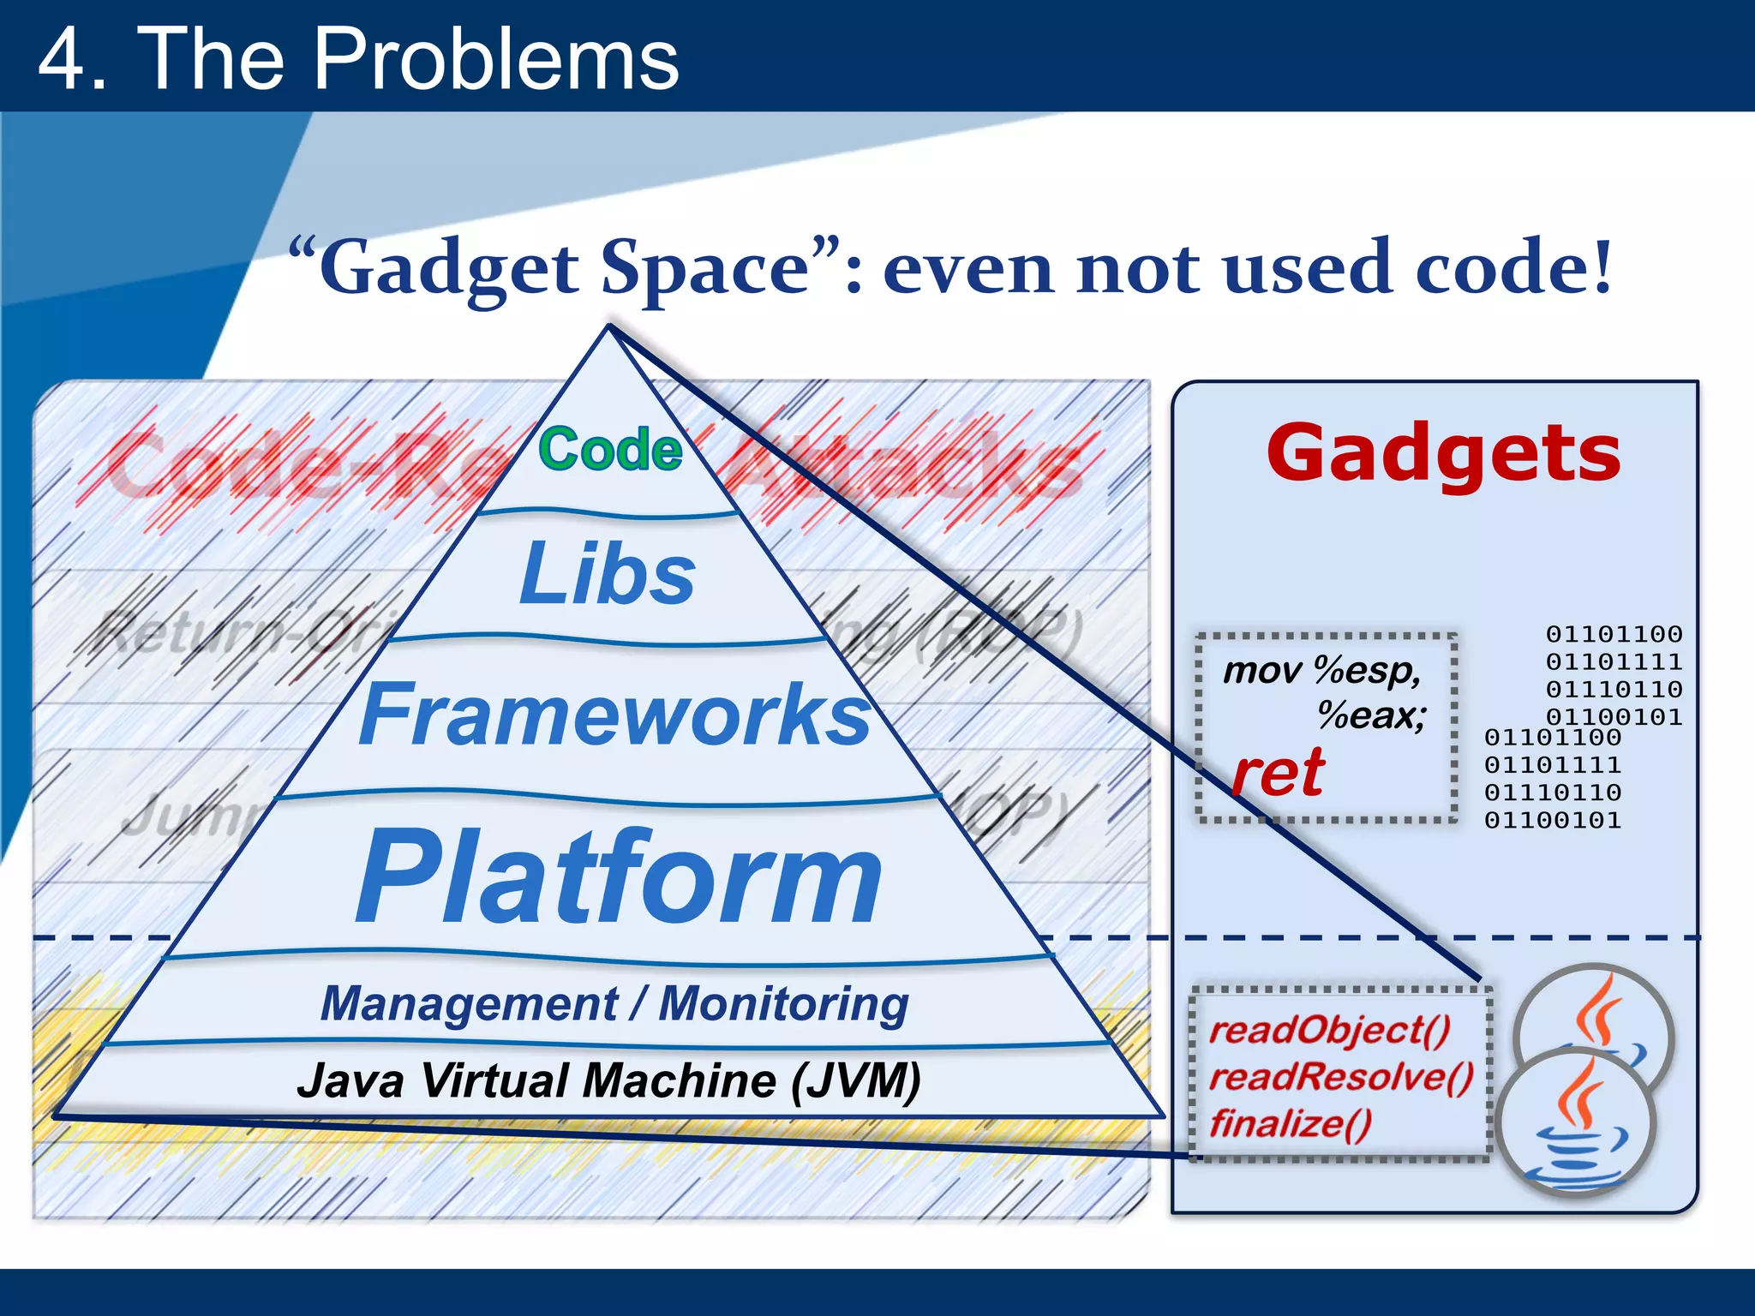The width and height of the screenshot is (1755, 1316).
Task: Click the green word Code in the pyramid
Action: [x=610, y=450]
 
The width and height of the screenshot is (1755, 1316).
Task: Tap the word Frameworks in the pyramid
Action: [x=614, y=715]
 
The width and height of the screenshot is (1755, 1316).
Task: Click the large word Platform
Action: [x=619, y=878]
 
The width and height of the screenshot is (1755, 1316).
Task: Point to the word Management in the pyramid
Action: [x=468, y=1003]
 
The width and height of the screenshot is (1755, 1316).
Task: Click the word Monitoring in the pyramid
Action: [x=783, y=1003]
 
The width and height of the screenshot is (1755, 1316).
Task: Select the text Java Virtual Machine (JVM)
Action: [x=608, y=1080]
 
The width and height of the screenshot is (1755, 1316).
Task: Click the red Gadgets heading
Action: [x=1443, y=454]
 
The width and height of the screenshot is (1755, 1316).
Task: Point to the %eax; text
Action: [x=1371, y=715]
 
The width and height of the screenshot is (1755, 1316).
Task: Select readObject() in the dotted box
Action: [x=1329, y=1031]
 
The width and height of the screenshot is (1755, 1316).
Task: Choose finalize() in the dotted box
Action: [x=1291, y=1123]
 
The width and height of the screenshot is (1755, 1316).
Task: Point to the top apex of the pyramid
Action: [x=609, y=328]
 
